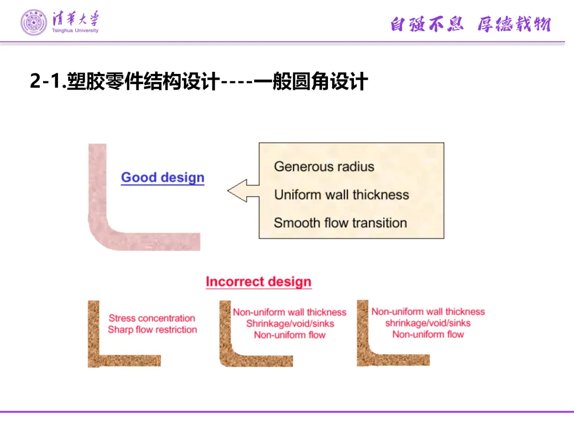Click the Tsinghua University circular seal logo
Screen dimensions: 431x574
(x=33, y=22)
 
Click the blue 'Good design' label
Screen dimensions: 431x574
(x=163, y=178)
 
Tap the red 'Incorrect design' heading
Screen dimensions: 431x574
(x=258, y=281)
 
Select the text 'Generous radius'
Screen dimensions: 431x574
(x=324, y=167)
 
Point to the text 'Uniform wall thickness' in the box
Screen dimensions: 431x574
(x=341, y=195)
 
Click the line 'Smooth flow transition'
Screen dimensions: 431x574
(x=340, y=223)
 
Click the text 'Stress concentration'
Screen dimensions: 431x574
(x=152, y=318)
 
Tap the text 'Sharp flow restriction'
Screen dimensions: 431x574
(x=153, y=330)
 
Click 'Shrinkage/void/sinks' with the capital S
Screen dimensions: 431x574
(x=290, y=324)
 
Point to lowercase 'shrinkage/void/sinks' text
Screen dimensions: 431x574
(x=428, y=323)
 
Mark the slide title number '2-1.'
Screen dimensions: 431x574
(x=46, y=82)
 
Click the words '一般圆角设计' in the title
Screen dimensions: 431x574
(x=310, y=82)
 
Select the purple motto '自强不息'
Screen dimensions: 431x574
(x=427, y=24)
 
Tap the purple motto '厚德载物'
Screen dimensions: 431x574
(x=513, y=24)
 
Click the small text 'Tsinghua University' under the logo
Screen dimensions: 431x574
(x=75, y=31)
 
